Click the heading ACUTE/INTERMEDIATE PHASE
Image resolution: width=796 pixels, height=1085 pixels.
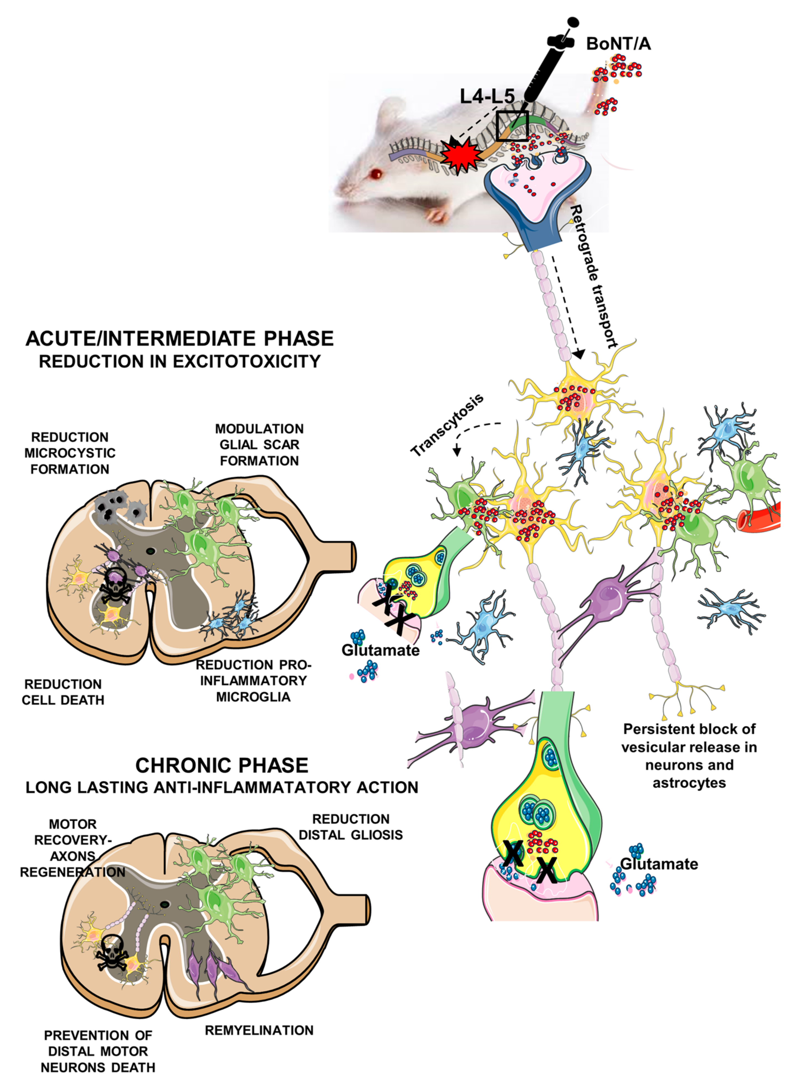click(x=179, y=339)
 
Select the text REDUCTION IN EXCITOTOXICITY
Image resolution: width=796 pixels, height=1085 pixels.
click(x=179, y=361)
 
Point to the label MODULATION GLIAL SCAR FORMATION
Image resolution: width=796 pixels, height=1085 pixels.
click(x=259, y=445)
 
